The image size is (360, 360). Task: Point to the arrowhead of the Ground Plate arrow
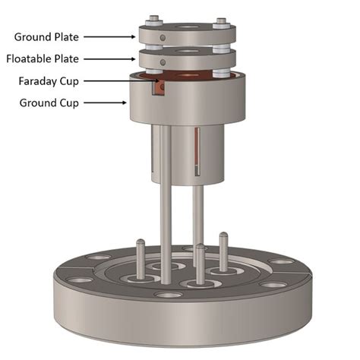point(134,36)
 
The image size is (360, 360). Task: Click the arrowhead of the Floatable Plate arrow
point(134,58)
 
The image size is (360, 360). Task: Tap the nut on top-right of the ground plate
point(221,22)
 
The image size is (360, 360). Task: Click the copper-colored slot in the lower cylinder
point(198,152)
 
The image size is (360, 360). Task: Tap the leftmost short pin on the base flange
point(141,251)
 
